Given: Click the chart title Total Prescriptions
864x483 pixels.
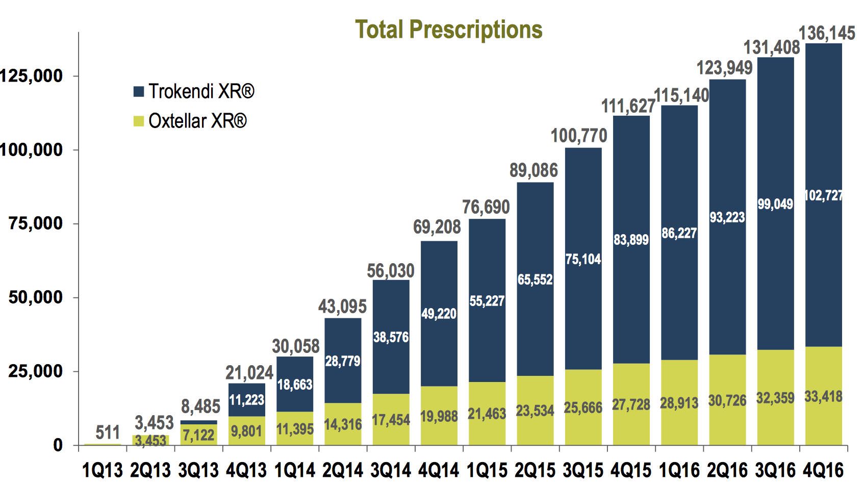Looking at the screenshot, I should pyautogui.click(x=448, y=30).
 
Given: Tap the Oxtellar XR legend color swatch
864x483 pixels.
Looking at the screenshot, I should pyautogui.click(x=138, y=121).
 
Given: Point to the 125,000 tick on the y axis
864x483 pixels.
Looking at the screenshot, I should pyautogui.click(x=32, y=76).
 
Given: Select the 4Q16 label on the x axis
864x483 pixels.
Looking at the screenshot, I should pyautogui.click(x=823, y=470).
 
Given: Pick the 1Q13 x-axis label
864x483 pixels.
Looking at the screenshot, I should pyautogui.click(x=103, y=470).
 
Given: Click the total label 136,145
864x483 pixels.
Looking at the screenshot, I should pyautogui.click(x=826, y=34).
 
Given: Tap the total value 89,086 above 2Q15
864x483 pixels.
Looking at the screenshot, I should pyautogui.click(x=533, y=170).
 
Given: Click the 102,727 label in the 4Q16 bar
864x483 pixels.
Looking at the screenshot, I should pyautogui.click(x=823, y=196).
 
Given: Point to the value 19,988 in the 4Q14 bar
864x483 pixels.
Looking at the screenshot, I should pyautogui.click(x=439, y=417).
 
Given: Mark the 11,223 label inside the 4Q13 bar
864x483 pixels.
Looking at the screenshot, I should pyautogui.click(x=246, y=400).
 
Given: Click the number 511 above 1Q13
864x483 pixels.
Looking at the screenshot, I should pyautogui.click(x=108, y=433).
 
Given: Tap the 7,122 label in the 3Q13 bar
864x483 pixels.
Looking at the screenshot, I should pyautogui.click(x=198, y=436).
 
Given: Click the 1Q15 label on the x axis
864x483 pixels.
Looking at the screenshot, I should pyautogui.click(x=487, y=470).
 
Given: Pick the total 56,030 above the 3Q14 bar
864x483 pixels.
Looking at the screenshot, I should pyautogui.click(x=391, y=271).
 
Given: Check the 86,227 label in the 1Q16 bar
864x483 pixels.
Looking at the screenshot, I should pyautogui.click(x=679, y=234).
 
